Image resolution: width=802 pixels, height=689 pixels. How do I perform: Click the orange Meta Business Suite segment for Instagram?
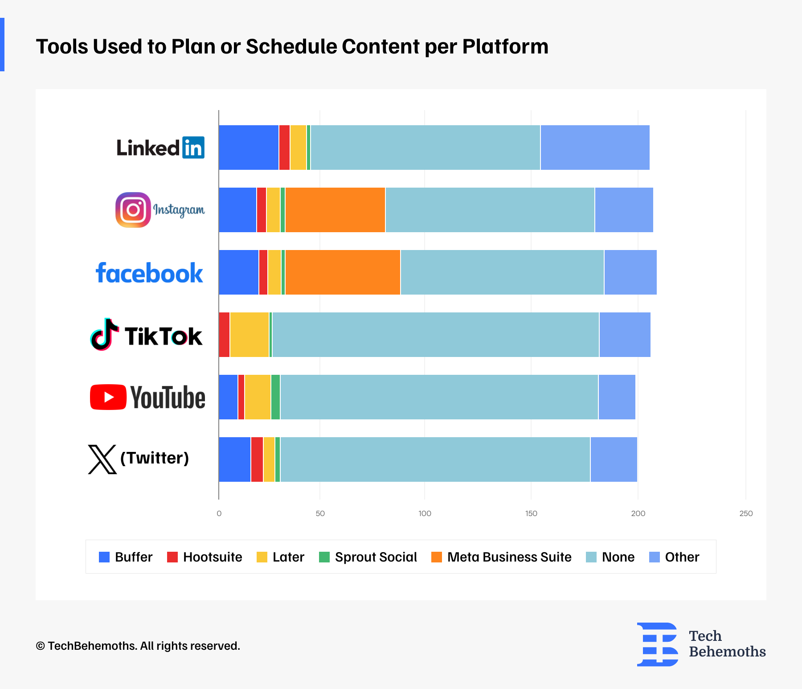pyautogui.click(x=335, y=210)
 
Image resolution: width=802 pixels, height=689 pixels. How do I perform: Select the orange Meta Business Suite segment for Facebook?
pyautogui.click(x=343, y=272)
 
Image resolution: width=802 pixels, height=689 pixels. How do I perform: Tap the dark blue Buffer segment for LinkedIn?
pyautogui.click(x=249, y=148)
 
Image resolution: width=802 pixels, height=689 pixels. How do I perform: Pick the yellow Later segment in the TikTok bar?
pyautogui.click(x=250, y=335)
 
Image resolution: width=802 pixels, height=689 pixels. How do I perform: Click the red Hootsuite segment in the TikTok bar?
pyautogui.click(x=224, y=335)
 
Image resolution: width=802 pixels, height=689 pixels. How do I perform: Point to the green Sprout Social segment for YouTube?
pyautogui.click(x=275, y=397)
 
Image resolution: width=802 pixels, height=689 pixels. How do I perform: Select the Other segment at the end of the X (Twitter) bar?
pyautogui.click(x=614, y=459)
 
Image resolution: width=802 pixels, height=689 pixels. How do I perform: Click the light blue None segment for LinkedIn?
pyautogui.click(x=425, y=148)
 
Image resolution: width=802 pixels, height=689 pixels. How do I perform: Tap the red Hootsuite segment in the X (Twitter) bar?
pyautogui.click(x=257, y=459)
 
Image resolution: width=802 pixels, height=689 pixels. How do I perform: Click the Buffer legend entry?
pyautogui.click(x=126, y=557)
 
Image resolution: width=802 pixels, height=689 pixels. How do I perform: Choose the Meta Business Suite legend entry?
pyautogui.click(x=501, y=557)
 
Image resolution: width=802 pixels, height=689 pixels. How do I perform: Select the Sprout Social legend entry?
pyautogui.click(x=368, y=557)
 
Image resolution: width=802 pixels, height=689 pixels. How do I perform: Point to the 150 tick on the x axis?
pyautogui.click(x=531, y=513)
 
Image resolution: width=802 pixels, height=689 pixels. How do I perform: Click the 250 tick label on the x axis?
pyautogui.click(x=746, y=513)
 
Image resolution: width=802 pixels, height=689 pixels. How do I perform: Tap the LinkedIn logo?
pyautogui.click(x=160, y=148)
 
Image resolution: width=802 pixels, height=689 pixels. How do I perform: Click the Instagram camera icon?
pyautogui.click(x=133, y=210)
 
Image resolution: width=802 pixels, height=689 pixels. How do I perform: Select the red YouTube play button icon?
pyautogui.click(x=108, y=397)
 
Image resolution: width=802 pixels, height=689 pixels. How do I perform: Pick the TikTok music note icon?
pyautogui.click(x=105, y=335)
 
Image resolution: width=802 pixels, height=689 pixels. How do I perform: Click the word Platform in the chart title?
pyautogui.click(x=505, y=46)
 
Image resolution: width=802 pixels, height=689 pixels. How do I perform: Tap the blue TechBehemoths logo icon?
pyautogui.click(x=658, y=644)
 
